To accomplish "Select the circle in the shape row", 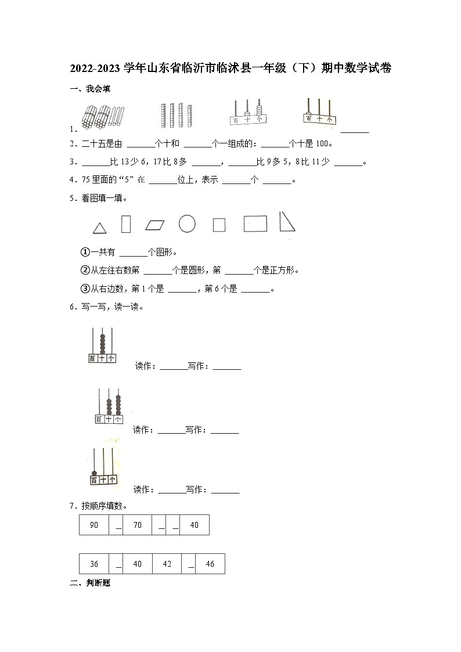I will point(187,224).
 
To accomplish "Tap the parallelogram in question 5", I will point(155,225).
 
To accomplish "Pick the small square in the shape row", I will point(219,225).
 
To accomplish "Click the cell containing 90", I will point(94,525).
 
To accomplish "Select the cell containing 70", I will point(138,525).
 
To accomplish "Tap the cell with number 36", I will point(94,564).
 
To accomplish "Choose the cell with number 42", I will point(167,564).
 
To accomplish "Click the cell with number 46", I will point(210,564).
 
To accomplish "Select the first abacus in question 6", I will point(102,345).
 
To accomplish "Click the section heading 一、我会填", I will point(89,89).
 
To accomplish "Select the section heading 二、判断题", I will point(89,582).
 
